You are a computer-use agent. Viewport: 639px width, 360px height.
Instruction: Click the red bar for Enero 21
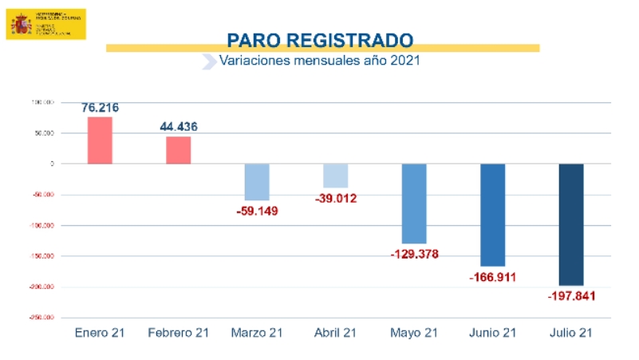(x=100, y=140)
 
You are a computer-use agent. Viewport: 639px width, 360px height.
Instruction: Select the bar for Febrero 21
(x=179, y=150)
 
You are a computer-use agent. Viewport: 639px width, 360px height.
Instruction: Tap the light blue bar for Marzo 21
(x=257, y=182)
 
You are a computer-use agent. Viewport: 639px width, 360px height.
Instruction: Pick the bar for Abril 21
(x=335, y=176)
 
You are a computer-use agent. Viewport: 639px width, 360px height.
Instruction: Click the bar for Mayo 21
(x=414, y=204)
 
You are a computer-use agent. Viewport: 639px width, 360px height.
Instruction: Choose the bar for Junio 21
(x=492, y=215)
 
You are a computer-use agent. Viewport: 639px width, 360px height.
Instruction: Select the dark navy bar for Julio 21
(x=571, y=224)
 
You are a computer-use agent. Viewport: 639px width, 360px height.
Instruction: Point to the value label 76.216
(x=100, y=107)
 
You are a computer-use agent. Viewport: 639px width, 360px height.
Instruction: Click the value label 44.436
(x=179, y=126)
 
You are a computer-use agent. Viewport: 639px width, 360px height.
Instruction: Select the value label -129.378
(x=415, y=254)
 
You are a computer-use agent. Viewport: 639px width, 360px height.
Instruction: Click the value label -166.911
(x=493, y=277)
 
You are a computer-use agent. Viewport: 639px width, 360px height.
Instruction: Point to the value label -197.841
(x=572, y=296)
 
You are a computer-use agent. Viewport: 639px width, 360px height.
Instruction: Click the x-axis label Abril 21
(x=335, y=333)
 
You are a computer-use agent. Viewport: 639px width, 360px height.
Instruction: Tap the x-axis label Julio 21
(x=571, y=333)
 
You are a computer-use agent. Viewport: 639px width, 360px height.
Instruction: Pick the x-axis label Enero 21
(x=100, y=333)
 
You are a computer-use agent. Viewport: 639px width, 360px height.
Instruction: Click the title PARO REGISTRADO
(x=319, y=39)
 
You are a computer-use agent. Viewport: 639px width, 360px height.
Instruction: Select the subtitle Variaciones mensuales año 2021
(x=319, y=61)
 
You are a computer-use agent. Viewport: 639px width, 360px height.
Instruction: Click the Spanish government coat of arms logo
(x=20, y=25)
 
